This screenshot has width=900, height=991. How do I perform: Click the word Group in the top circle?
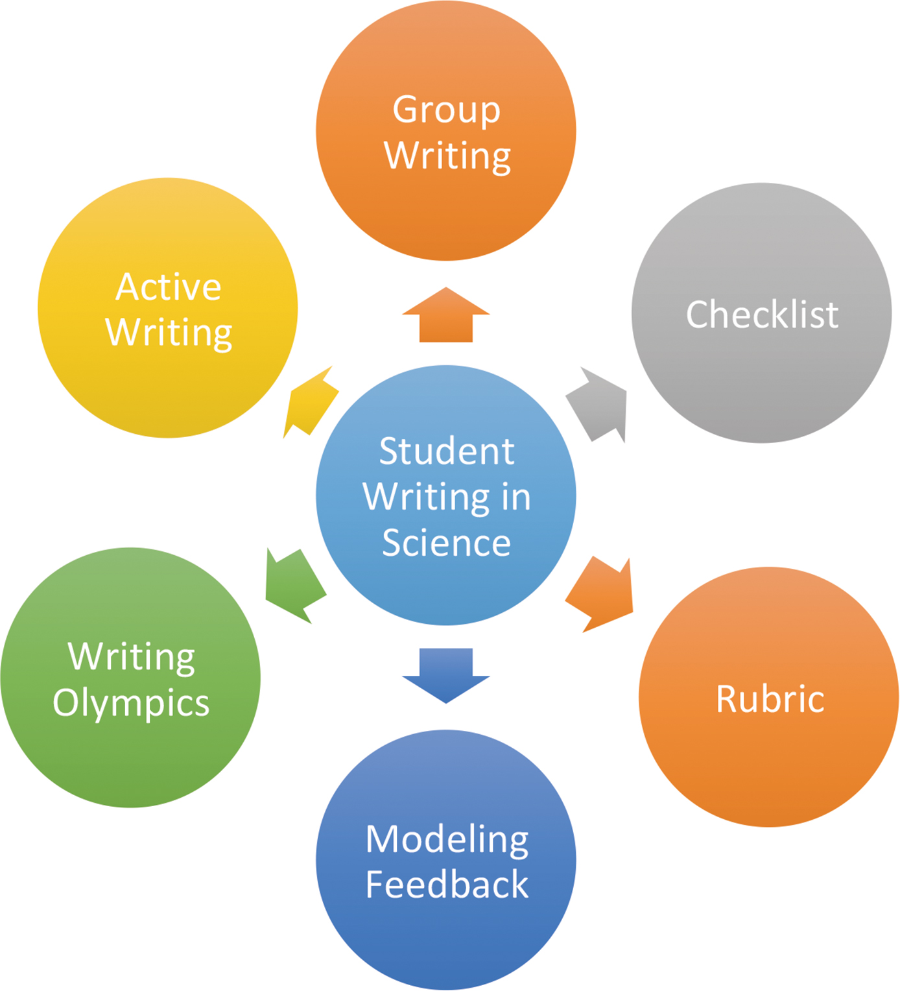(x=446, y=110)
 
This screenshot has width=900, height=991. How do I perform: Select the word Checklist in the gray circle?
(x=762, y=315)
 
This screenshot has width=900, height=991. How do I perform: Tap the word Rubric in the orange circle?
(x=770, y=699)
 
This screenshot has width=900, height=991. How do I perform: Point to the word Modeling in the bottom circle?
(x=447, y=840)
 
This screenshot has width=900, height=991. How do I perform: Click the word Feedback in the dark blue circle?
(x=447, y=885)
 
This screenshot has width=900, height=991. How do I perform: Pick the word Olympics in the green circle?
(x=131, y=703)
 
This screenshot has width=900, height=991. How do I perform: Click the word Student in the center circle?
(x=447, y=451)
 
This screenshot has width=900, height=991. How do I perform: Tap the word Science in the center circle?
(x=446, y=543)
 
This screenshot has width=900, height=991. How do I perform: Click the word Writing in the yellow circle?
(x=169, y=333)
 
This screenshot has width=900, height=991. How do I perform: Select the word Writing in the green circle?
(x=131, y=657)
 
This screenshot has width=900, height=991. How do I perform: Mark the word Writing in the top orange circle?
(x=447, y=156)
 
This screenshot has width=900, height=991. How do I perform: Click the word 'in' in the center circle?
(x=516, y=497)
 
